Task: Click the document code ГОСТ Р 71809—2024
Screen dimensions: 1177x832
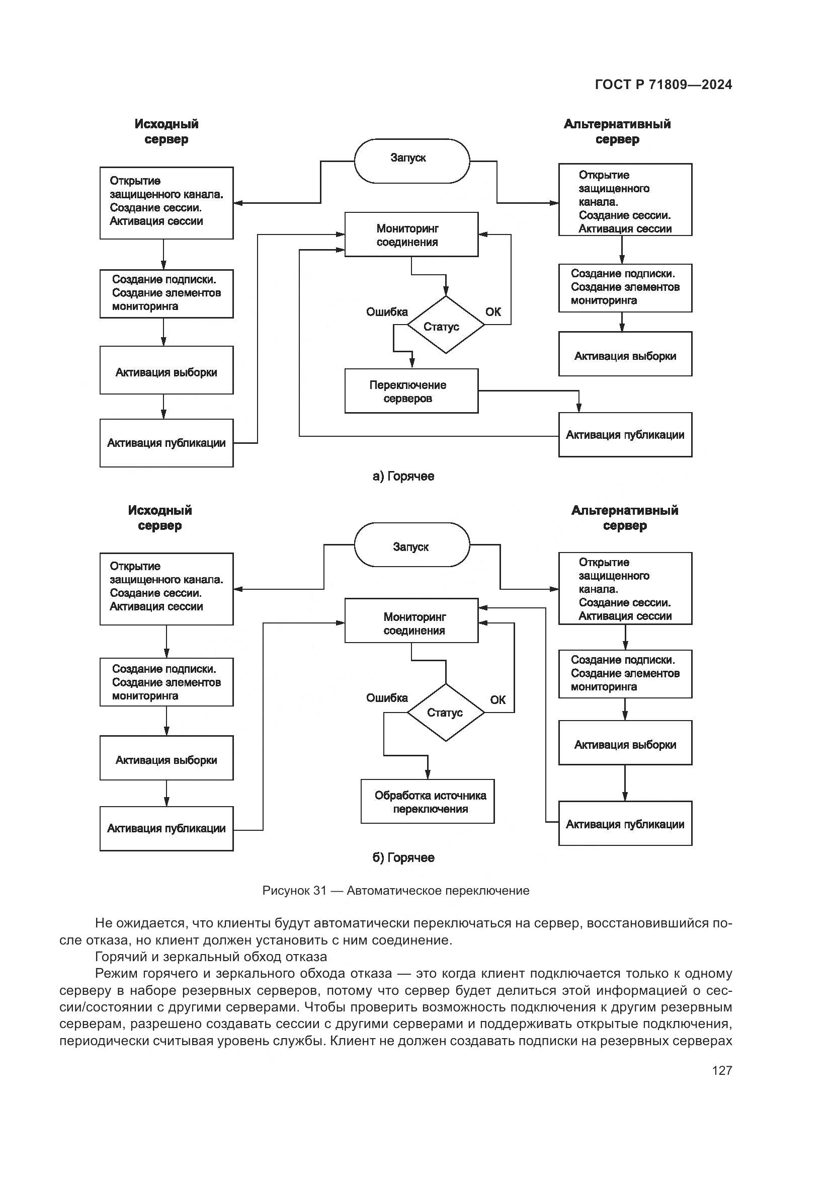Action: coord(663,85)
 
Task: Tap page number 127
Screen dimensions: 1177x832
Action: coord(721,1070)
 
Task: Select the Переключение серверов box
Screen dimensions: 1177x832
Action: coord(411,391)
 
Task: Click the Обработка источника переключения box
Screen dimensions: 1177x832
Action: coord(427,802)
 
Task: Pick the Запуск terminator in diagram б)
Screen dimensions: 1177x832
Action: coord(411,544)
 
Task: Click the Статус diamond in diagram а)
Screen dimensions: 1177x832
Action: coord(445,325)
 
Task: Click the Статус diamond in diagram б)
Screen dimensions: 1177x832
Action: coord(445,713)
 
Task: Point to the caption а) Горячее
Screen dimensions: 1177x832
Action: coord(403,476)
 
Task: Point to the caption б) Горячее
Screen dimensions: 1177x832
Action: coord(403,857)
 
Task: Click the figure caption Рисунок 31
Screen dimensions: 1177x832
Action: coord(395,891)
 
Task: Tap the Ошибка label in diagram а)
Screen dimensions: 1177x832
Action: coord(387,311)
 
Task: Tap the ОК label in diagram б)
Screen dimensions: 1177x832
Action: coord(497,700)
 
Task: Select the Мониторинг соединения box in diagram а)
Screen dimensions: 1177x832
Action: coord(411,235)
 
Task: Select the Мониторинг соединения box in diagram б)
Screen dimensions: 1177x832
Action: coord(411,620)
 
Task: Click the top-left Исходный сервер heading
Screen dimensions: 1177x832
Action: coord(166,132)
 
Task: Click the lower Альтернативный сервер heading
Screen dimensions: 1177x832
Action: coord(625,518)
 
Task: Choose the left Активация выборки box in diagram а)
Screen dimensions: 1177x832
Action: coord(166,370)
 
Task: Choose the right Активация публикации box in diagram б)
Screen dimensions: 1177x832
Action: coord(625,823)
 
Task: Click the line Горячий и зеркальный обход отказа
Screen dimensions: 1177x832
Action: coord(211,957)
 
